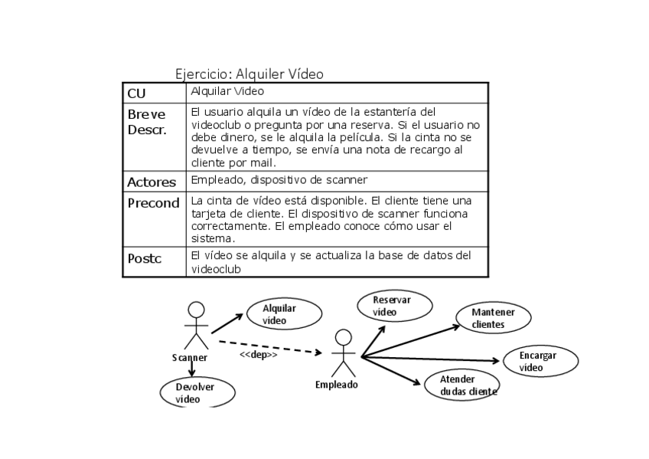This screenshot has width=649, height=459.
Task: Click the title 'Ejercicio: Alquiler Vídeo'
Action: tap(249, 74)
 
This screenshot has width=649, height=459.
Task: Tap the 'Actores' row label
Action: tap(152, 182)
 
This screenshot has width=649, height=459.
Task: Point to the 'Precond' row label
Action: tap(153, 204)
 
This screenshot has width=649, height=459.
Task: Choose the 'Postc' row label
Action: tap(145, 258)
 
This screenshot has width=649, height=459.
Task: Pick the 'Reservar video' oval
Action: tap(390, 306)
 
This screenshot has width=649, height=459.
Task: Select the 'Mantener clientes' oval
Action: tap(493, 318)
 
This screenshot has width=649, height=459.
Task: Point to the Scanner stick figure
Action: tap(197, 326)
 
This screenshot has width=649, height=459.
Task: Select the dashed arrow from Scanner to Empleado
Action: tap(268, 346)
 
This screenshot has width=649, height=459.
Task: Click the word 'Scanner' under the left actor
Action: tap(190, 357)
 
